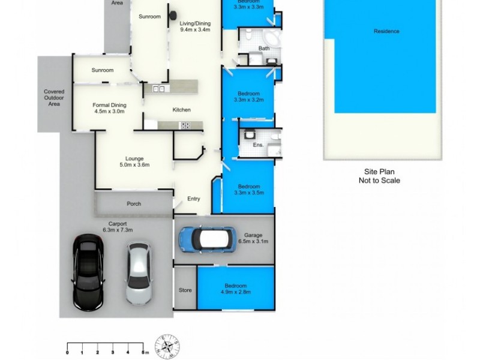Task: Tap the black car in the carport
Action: pyautogui.click(x=88, y=271)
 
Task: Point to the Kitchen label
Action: pyautogui.click(x=181, y=110)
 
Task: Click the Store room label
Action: pyautogui.click(x=185, y=290)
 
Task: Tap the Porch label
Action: pyautogui.click(x=134, y=204)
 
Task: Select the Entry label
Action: pyautogui.click(x=193, y=199)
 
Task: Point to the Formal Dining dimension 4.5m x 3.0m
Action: pyautogui.click(x=109, y=111)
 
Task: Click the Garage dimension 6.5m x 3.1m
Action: pyautogui.click(x=253, y=241)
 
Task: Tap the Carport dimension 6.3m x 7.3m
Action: pyautogui.click(x=118, y=230)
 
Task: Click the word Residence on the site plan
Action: pyautogui.click(x=386, y=31)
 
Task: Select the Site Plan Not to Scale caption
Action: pyautogui.click(x=379, y=176)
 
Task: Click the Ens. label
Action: pyautogui.click(x=259, y=145)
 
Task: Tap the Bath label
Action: pyautogui.click(x=264, y=48)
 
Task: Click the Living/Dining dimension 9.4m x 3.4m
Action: pyautogui.click(x=195, y=29)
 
